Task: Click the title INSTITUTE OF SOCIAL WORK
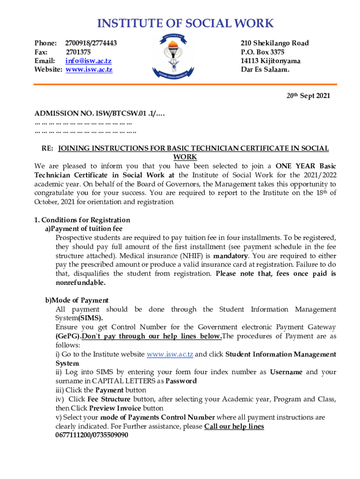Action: pyautogui.click(x=185, y=23)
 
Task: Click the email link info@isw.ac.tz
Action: pyautogui.click(x=88, y=61)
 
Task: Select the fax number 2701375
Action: pyautogui.click(x=78, y=52)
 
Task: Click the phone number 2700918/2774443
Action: pyautogui.click(x=91, y=43)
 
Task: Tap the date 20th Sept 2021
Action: pyautogui.click(x=308, y=96)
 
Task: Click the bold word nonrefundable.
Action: pyautogui.click(x=80, y=283)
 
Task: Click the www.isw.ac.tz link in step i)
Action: pyautogui.click(x=170, y=354)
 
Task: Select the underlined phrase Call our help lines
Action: pyautogui.click(x=234, y=426)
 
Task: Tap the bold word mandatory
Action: pyautogui.click(x=230, y=256)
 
